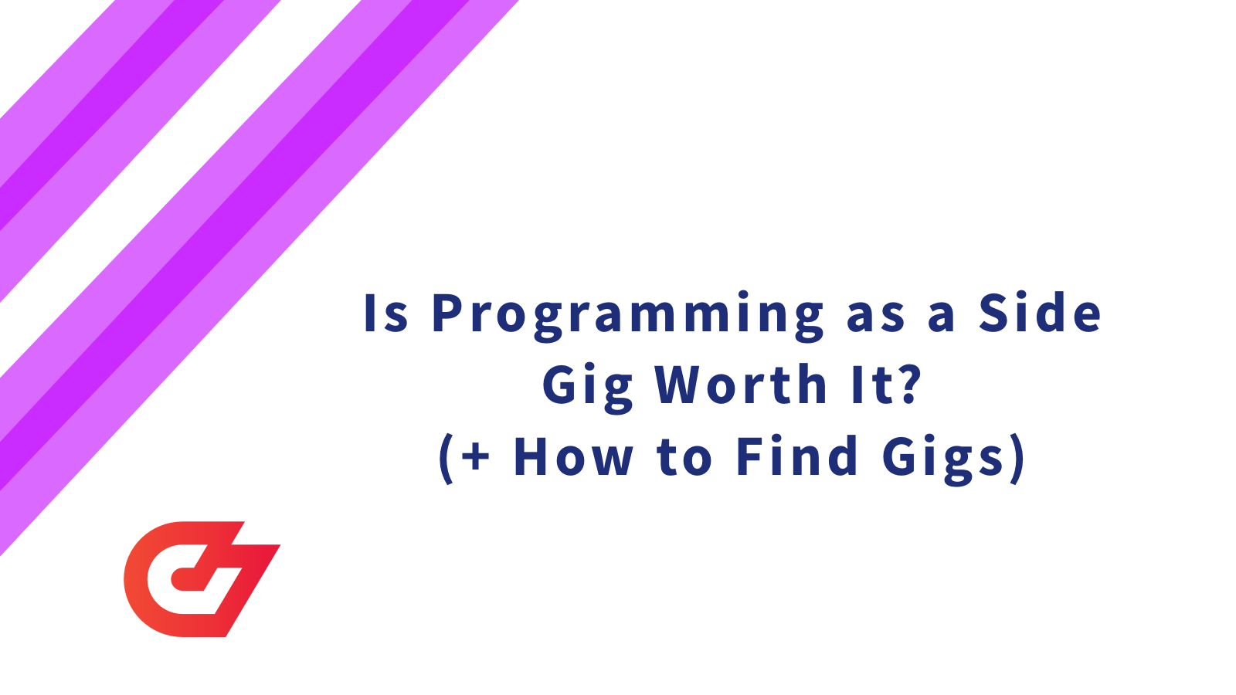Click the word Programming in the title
[627, 314]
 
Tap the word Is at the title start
[385, 314]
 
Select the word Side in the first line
[1040, 314]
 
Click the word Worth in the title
[742, 385]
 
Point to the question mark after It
[911, 384]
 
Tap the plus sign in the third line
[476, 456]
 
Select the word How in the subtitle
[572, 456]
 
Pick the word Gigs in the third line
[942, 458]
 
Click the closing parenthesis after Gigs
[1017, 458]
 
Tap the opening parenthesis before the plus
[447, 458]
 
